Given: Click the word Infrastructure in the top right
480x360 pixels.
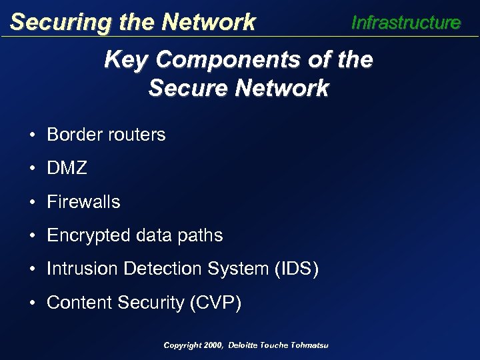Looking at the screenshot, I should point(405,23).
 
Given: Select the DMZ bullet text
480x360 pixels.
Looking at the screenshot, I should point(67,169).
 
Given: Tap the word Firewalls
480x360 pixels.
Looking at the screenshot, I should point(84,202).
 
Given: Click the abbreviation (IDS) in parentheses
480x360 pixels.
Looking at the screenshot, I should point(294,269).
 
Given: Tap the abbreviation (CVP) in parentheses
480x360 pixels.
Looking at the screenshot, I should point(215,303).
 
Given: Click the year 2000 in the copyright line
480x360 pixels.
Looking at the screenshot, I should point(213,345).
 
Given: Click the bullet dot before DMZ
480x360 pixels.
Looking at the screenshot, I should point(32,169).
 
